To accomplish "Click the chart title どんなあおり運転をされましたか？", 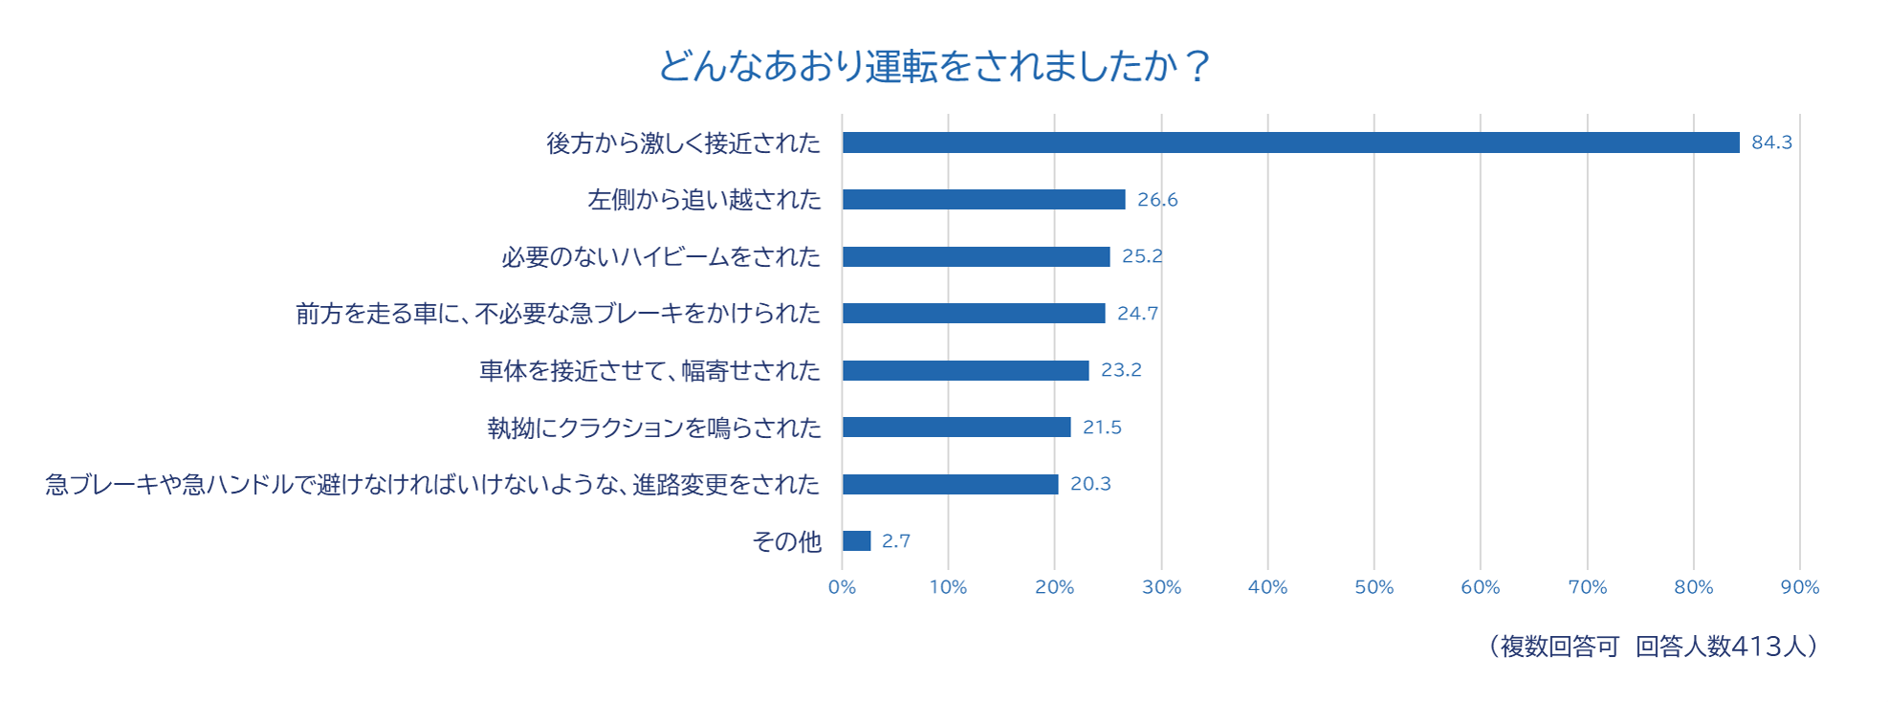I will [x=934, y=66].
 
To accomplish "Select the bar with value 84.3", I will [x=1290, y=143].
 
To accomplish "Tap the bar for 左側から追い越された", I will [x=983, y=199].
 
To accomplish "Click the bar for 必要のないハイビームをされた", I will [x=976, y=256].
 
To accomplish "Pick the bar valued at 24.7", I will [x=974, y=313].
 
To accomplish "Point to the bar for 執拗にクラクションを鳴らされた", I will [x=956, y=427].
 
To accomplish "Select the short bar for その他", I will [x=856, y=540].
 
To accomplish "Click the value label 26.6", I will [x=1157, y=200].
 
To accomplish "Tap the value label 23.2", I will [x=1121, y=370].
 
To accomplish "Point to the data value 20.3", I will [x=1090, y=484].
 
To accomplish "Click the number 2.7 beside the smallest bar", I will [x=896, y=541].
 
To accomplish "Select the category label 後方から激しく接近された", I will [x=683, y=143].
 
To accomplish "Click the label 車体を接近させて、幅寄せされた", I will [x=649, y=371].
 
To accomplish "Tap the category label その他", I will [x=786, y=541].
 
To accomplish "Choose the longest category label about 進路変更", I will [x=432, y=485].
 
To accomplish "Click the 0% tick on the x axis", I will [x=842, y=587].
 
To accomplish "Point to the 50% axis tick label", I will [x=1374, y=587].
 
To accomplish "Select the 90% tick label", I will [x=1799, y=587].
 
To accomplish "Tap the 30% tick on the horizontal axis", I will [x=1161, y=587].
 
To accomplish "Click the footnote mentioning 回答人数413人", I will [x=1653, y=647].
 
